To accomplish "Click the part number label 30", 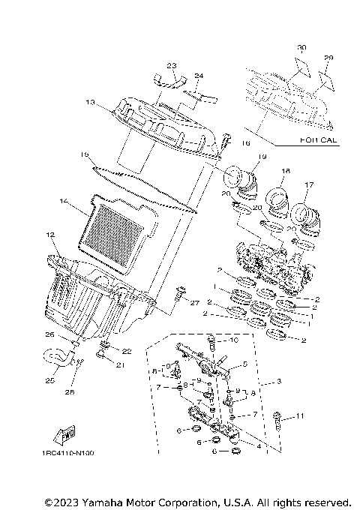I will point(301,47).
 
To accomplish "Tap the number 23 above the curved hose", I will point(170,66).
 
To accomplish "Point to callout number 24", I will point(199,76).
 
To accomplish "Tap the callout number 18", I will point(285,172).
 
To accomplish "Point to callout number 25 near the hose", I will point(50,380).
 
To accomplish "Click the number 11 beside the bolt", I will point(301,416).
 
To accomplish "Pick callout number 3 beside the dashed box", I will point(279,382).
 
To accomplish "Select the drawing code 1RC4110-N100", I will point(68,453).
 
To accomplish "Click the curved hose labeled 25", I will point(56,358).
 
